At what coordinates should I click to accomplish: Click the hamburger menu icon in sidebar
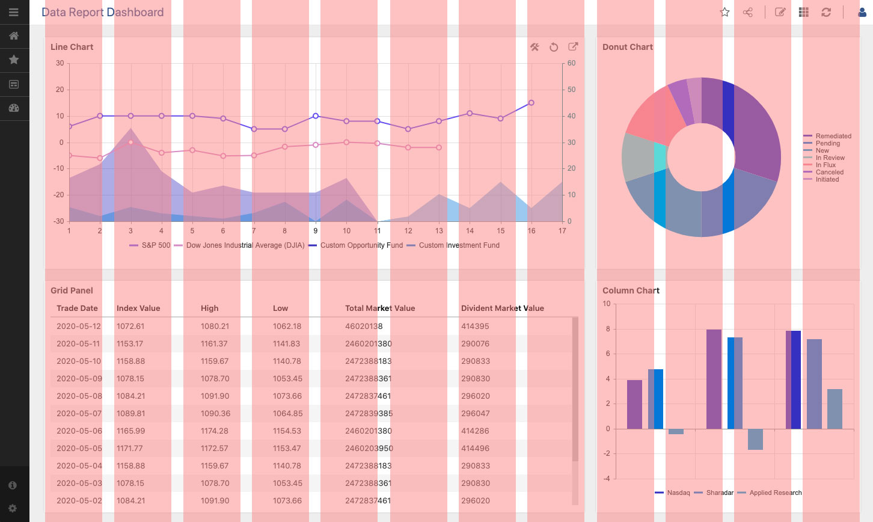[14, 12]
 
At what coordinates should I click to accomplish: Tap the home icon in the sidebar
[14, 36]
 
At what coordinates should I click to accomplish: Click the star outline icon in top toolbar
[725, 12]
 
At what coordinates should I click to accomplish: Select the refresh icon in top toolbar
[826, 12]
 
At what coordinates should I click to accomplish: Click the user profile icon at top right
[862, 12]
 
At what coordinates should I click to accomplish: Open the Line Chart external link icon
[573, 47]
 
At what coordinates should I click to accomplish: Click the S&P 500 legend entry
[150, 245]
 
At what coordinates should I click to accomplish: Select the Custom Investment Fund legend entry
[453, 245]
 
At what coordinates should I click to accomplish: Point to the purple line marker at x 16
[531, 103]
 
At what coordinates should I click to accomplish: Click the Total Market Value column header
[380, 308]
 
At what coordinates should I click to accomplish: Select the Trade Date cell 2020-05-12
[79, 326]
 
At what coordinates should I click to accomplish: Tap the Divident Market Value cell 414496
[475, 448]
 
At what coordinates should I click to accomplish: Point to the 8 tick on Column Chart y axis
[608, 329]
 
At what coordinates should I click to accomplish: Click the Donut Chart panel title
[628, 47]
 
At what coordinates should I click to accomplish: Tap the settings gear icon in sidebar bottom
[13, 508]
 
